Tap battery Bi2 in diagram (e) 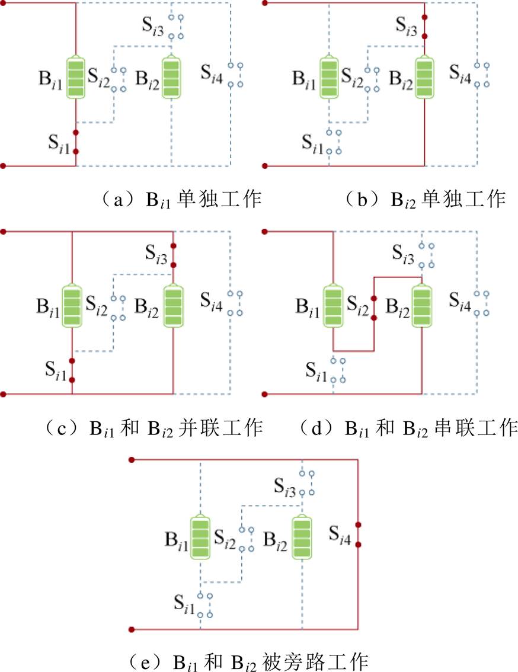coord(302,537)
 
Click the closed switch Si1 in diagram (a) coord(76,142)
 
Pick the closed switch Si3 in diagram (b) coord(425,26)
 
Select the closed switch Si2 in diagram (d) coord(373,308)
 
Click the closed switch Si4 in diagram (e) coord(358,534)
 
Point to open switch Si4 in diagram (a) coord(236,75)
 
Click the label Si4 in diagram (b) coord(461,72)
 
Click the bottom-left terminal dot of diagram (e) coord(132,629)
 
